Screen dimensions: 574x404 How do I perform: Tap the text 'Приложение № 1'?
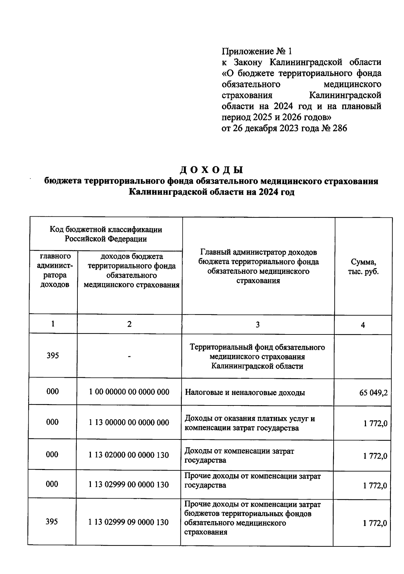pyautogui.click(x=257, y=51)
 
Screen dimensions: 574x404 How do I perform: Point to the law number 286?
pyautogui.click(x=339, y=128)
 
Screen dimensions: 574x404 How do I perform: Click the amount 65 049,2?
pyautogui.click(x=373, y=393)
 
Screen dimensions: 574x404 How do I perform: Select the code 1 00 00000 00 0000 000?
pyautogui.click(x=129, y=392)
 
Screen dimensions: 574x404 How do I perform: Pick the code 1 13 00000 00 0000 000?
pyautogui.click(x=129, y=423)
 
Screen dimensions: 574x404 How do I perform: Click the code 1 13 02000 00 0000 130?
pyautogui.click(x=129, y=455)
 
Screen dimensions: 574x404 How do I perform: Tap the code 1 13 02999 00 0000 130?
pyautogui.click(x=129, y=485)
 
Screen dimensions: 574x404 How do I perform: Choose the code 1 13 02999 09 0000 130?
pyautogui.click(x=129, y=523)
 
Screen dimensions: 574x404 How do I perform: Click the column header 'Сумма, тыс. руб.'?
pyautogui.click(x=363, y=267)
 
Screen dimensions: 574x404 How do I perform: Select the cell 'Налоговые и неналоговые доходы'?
pyautogui.click(x=245, y=392)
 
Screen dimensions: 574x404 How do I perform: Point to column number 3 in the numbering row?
pyautogui.click(x=258, y=325)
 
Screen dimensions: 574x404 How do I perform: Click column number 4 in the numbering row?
pyautogui.click(x=363, y=325)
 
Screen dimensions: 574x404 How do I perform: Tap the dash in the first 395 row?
pyautogui.click(x=129, y=356)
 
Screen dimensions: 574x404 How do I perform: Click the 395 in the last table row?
pyautogui.click(x=52, y=522)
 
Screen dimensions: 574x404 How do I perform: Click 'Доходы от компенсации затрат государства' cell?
pyautogui.click(x=239, y=456)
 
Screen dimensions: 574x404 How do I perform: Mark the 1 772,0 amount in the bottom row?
pyautogui.click(x=375, y=523)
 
